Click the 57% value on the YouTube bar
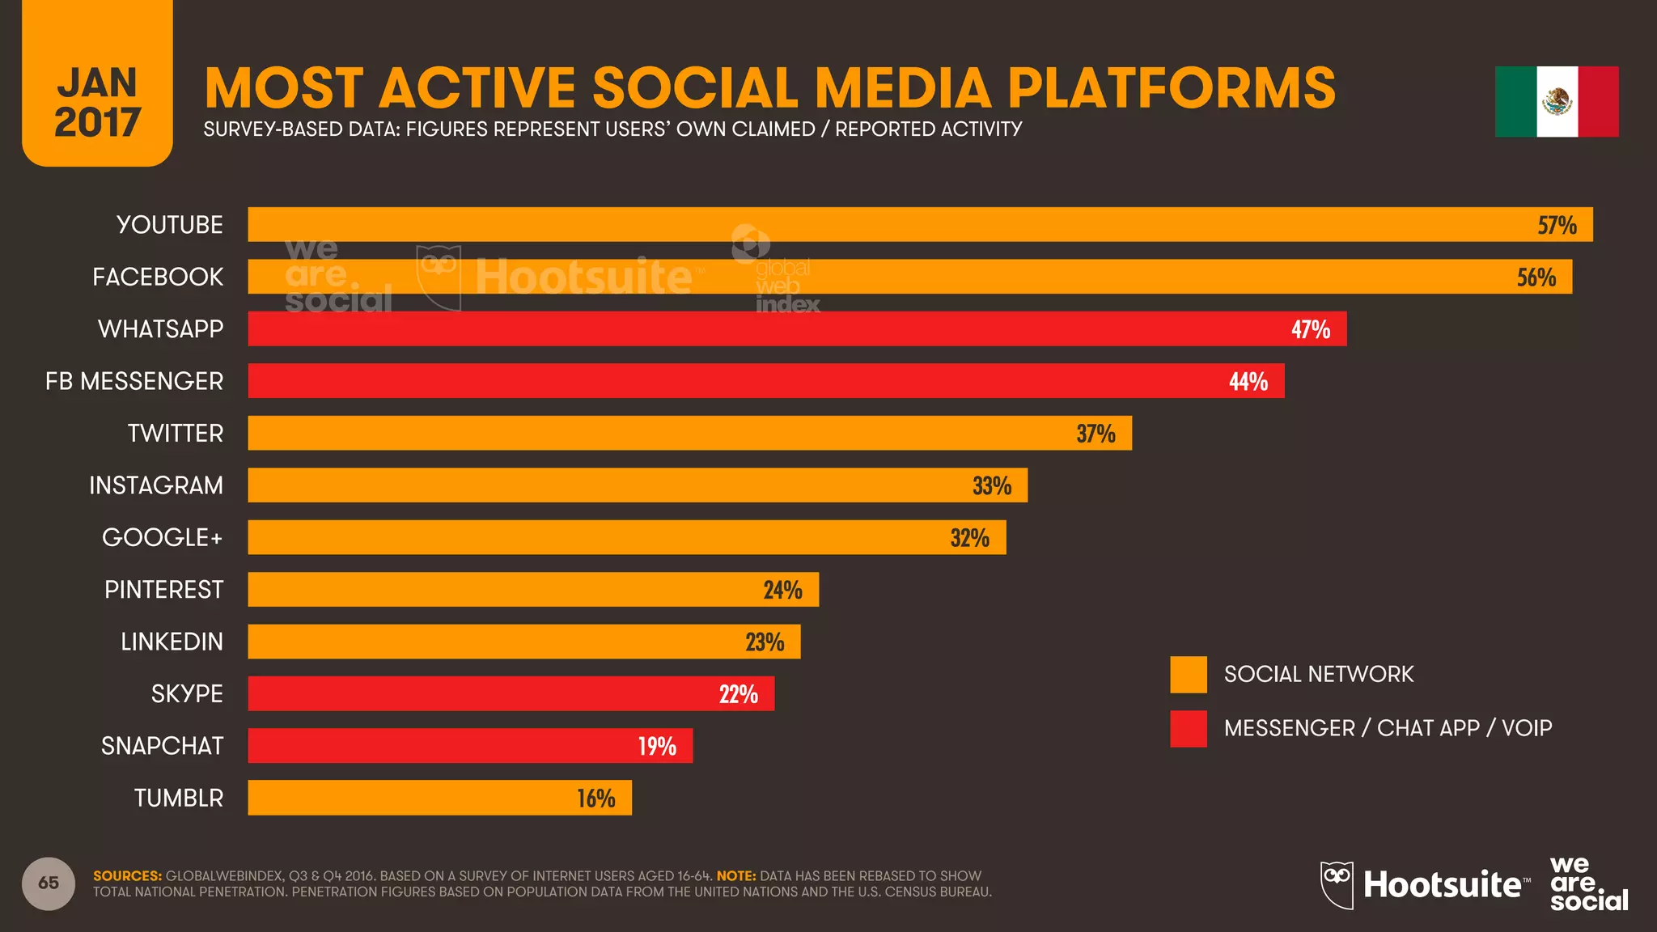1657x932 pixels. [x=1557, y=225]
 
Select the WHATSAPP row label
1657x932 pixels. [x=160, y=329]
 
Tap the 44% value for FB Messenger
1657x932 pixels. [x=1248, y=381]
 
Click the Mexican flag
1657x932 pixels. [x=1556, y=102]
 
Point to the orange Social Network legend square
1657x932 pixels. [x=1188, y=675]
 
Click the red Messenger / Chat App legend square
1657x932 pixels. [x=1188, y=729]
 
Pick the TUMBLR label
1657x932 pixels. [x=178, y=799]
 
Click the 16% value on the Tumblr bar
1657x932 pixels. [x=595, y=799]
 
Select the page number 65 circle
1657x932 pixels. [x=49, y=883]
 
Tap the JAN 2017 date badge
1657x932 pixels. [x=97, y=101]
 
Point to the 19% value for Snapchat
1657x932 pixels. [x=656, y=746]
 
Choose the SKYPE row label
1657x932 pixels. [x=187, y=694]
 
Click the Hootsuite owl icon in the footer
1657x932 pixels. [x=1337, y=884]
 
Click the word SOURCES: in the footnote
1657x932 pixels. [x=127, y=876]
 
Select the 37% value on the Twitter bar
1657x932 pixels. [x=1095, y=434]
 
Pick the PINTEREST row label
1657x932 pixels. [x=163, y=590]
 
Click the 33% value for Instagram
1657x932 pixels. [x=991, y=485]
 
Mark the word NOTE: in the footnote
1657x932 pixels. [x=735, y=876]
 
